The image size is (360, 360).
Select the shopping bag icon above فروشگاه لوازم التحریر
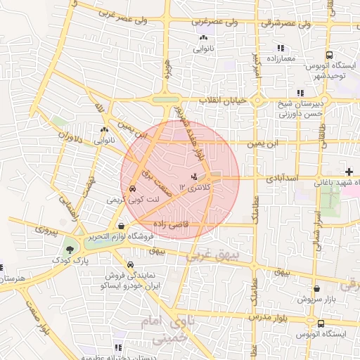pyautogui.click(x=122, y=226)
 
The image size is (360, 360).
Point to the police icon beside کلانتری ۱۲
pyautogui.click(x=194, y=176)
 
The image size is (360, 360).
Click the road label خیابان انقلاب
pyautogui.click(x=225, y=101)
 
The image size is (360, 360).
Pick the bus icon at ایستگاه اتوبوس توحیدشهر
pyautogui.click(x=330, y=56)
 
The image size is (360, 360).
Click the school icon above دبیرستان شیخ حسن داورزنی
pyautogui.click(x=300, y=93)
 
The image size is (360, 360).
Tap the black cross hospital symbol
pyautogui.click(x=349, y=172)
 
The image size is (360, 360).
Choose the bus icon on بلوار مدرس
pyautogui.click(x=321, y=323)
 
